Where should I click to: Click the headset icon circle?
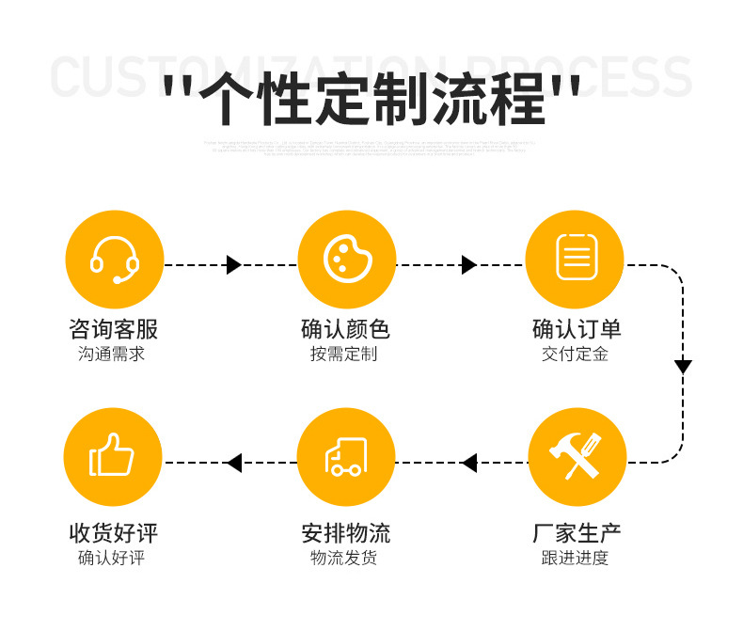[x=115, y=259]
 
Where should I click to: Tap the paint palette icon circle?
[x=346, y=259]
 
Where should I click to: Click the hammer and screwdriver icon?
[x=577, y=457]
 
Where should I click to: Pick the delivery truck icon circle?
[x=345, y=457]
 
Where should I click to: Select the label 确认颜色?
[x=345, y=329]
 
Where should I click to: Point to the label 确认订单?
[x=577, y=329]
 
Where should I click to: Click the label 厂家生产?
[x=577, y=533]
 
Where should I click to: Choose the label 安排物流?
[x=345, y=533]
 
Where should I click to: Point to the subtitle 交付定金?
[x=576, y=355]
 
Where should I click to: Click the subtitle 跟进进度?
[x=576, y=558]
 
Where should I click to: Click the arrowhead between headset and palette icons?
[x=234, y=265]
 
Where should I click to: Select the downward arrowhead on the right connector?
[x=683, y=367]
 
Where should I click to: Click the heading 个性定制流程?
[x=371, y=99]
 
